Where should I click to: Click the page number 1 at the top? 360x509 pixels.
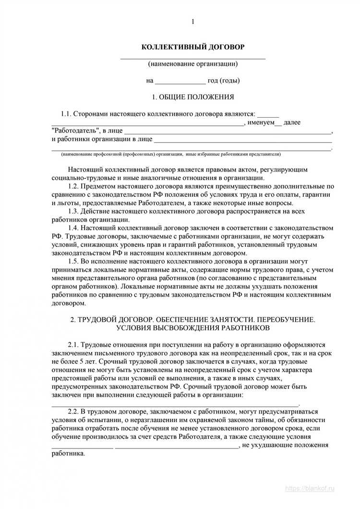(x=192, y=22)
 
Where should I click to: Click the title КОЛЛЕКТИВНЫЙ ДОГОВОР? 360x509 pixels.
(x=192, y=47)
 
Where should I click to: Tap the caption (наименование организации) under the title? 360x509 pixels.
(x=192, y=63)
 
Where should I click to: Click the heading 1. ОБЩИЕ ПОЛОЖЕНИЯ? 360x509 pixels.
(x=192, y=97)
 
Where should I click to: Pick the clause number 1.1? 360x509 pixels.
(x=66, y=114)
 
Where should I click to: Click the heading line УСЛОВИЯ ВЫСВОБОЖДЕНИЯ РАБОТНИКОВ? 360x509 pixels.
(x=192, y=328)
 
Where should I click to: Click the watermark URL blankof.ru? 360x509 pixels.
(x=317, y=501)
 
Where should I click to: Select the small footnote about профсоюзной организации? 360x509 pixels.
(x=171, y=155)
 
